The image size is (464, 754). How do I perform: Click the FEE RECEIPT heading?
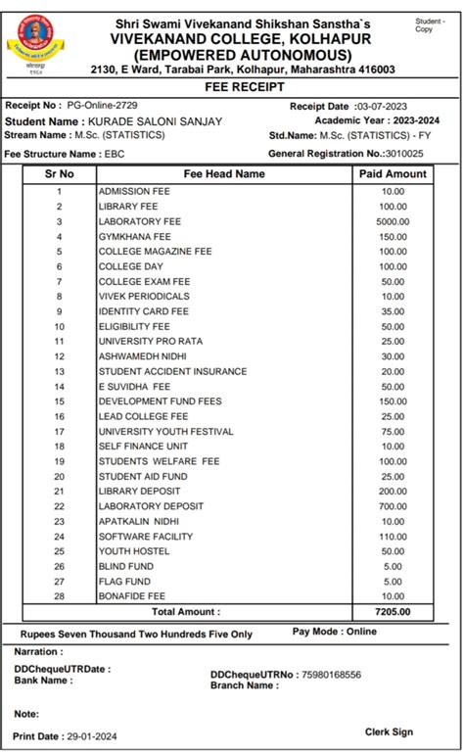pos(231,86)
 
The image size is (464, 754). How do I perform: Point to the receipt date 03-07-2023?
pos(385,106)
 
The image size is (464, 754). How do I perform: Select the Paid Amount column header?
pos(393,173)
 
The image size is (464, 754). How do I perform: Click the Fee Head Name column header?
pos(223,173)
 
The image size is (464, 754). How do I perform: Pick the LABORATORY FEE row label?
pos(139,221)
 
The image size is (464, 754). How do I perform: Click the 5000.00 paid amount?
pos(393,221)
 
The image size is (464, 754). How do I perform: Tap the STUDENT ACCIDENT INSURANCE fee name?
pos(171,371)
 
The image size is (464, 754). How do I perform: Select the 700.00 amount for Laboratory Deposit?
pos(393,505)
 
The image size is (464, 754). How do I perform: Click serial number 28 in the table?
pos(59,595)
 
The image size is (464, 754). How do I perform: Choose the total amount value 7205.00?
pos(393,612)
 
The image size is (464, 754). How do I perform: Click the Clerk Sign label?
pos(389,731)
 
